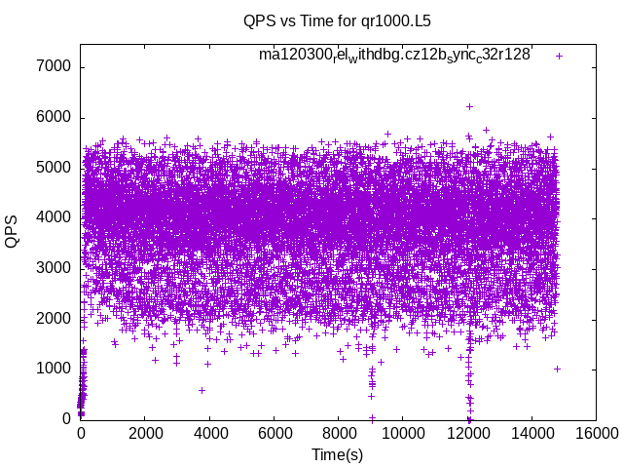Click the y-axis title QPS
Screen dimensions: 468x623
click(13, 231)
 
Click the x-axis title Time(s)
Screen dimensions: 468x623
click(338, 454)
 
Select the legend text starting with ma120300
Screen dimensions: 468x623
click(394, 55)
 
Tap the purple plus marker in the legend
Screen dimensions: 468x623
click(559, 56)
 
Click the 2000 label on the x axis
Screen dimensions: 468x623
click(145, 433)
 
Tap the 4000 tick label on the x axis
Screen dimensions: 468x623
click(209, 433)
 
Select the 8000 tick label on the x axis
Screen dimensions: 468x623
click(339, 433)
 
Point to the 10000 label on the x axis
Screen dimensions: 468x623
click(403, 433)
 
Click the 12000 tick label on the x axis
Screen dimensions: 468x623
click(468, 433)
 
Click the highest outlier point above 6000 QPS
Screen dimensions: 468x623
click(469, 106)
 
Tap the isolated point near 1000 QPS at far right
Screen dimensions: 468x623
click(557, 369)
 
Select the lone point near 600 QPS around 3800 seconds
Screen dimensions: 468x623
click(202, 390)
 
